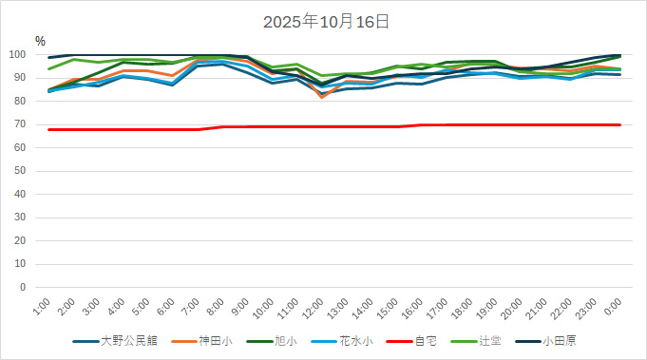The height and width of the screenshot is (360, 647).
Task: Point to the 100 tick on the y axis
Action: pyautogui.click(x=25, y=55)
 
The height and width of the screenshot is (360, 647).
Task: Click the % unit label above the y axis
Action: pyautogui.click(x=40, y=41)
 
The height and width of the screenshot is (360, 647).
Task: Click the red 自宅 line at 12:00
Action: pyautogui.click(x=321, y=126)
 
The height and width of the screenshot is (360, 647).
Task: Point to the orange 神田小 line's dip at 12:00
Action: pyautogui.click(x=321, y=96)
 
